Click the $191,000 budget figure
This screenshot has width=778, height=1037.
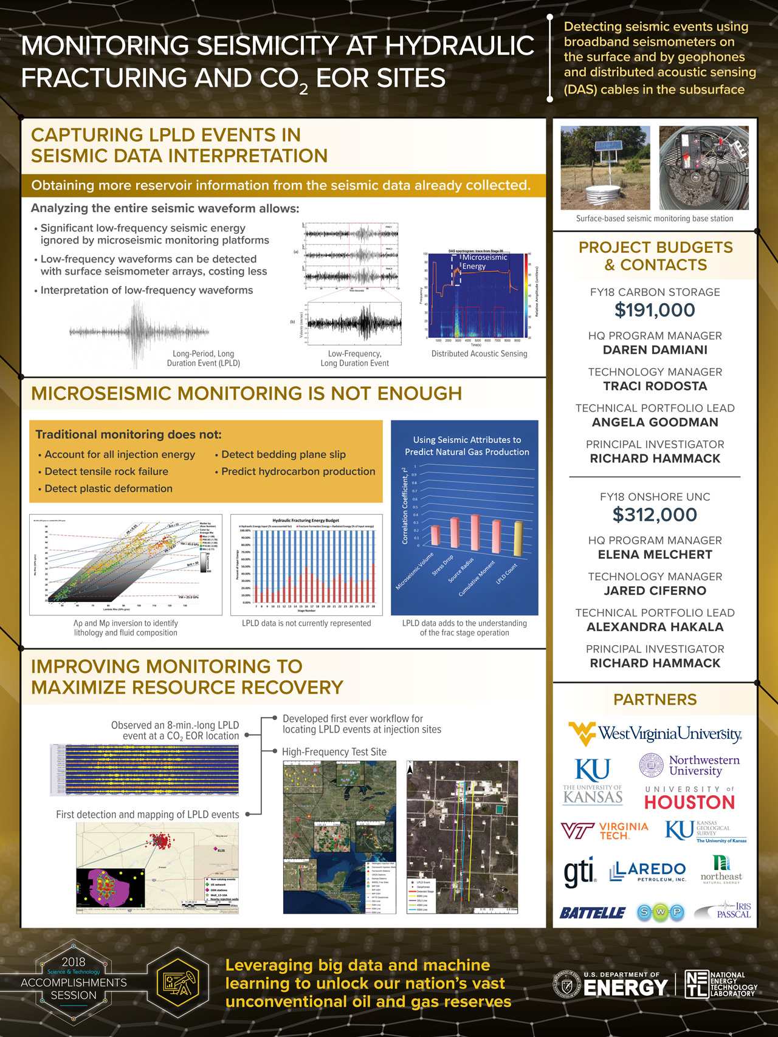coord(655,310)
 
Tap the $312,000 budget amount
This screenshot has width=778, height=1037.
coord(655,515)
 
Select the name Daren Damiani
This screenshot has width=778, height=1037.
coord(655,350)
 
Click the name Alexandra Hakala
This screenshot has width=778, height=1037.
coord(655,627)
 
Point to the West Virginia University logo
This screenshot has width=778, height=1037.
coord(655,733)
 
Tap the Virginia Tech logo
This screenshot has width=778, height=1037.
coord(604,830)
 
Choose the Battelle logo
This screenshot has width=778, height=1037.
coord(592,912)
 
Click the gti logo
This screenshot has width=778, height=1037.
coord(579,872)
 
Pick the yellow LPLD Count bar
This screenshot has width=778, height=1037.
coord(518,538)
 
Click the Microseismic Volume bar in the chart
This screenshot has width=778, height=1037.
coord(435,535)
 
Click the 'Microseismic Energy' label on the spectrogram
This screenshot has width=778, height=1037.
coord(484,262)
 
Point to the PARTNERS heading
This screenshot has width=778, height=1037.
coord(655,700)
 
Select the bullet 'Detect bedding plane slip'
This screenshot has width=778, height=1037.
coord(283,454)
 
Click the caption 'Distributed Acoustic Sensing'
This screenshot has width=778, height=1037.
coord(479,354)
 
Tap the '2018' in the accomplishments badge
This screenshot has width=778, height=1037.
coord(74,962)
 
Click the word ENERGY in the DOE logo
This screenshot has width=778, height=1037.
coord(625,988)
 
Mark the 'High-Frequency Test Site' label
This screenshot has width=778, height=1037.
coord(334,751)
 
